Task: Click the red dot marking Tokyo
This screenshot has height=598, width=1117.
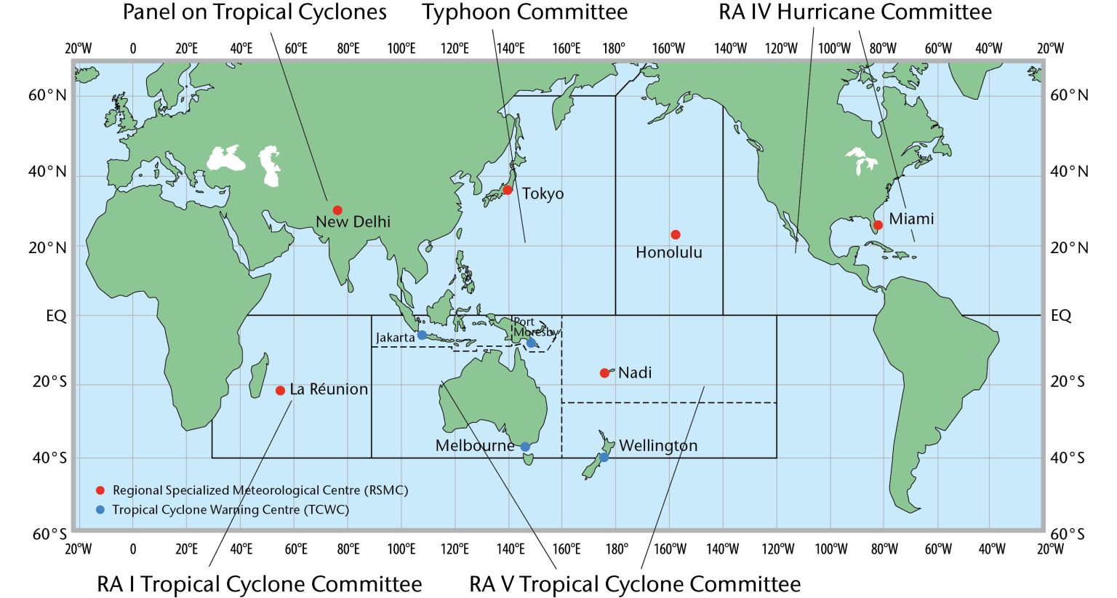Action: [508, 190]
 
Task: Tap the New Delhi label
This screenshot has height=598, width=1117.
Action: [353, 222]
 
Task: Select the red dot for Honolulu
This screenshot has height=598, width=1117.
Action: [676, 234]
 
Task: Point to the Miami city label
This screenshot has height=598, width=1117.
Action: [911, 219]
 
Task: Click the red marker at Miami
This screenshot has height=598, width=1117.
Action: [878, 225]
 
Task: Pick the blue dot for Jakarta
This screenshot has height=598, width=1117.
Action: [422, 335]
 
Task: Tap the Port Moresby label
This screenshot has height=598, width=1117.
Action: [535, 327]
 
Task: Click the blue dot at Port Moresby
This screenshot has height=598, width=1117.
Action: [531, 343]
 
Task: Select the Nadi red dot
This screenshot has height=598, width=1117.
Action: [604, 373]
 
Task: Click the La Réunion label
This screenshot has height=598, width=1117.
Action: [329, 389]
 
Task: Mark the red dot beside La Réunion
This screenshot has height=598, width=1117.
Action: [280, 391]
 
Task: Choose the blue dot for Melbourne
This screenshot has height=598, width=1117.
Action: [525, 447]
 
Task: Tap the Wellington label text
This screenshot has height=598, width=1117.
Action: [658, 445]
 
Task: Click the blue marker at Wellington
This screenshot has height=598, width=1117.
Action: [604, 458]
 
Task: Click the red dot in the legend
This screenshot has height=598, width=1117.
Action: [100, 490]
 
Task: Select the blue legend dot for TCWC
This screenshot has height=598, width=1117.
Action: [100, 509]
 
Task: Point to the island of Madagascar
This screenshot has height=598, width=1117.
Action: [258, 376]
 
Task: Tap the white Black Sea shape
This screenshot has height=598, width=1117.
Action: [226, 159]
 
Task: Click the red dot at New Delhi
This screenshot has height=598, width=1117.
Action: [337, 210]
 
